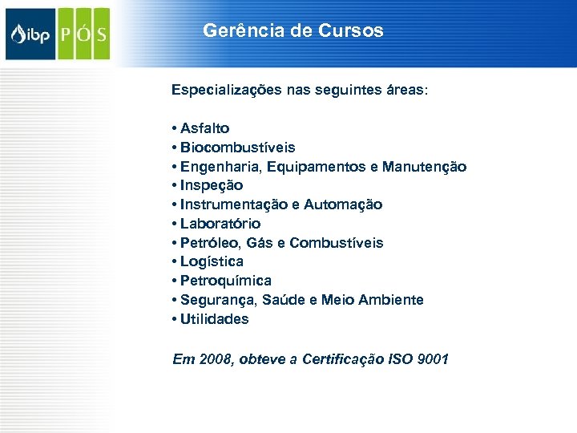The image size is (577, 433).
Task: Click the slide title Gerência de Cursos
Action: tap(293, 31)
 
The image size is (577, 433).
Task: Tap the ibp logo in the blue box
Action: tap(30, 34)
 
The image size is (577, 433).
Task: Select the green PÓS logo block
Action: tap(83, 34)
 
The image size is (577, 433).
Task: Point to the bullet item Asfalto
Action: tap(204, 128)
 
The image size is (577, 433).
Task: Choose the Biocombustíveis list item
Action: tap(237, 148)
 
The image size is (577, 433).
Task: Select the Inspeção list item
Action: tap(212, 185)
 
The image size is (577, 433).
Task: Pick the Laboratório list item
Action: tap(220, 224)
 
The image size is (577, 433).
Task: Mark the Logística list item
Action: tap(212, 261)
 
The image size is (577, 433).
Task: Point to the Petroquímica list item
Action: tap(225, 281)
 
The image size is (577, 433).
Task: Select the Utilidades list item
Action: tap(214, 319)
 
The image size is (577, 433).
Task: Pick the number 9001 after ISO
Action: tap(433, 359)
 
